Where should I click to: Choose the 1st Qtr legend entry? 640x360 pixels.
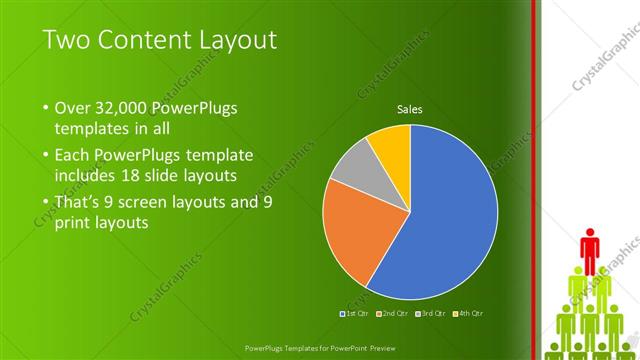coord(355,314)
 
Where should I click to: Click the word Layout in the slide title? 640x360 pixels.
coord(235,41)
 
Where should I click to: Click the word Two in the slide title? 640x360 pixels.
coord(70,41)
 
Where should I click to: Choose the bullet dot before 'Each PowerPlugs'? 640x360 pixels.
coord(47,156)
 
